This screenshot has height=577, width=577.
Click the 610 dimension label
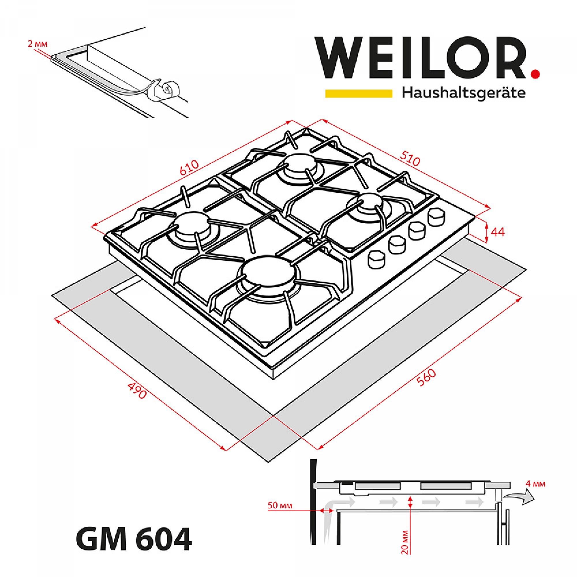[x=189, y=169]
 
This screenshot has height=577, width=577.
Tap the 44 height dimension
[x=497, y=232]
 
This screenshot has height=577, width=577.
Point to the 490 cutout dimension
[x=137, y=390]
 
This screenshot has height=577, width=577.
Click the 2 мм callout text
[x=37, y=44]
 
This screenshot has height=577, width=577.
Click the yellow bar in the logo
[x=358, y=93]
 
